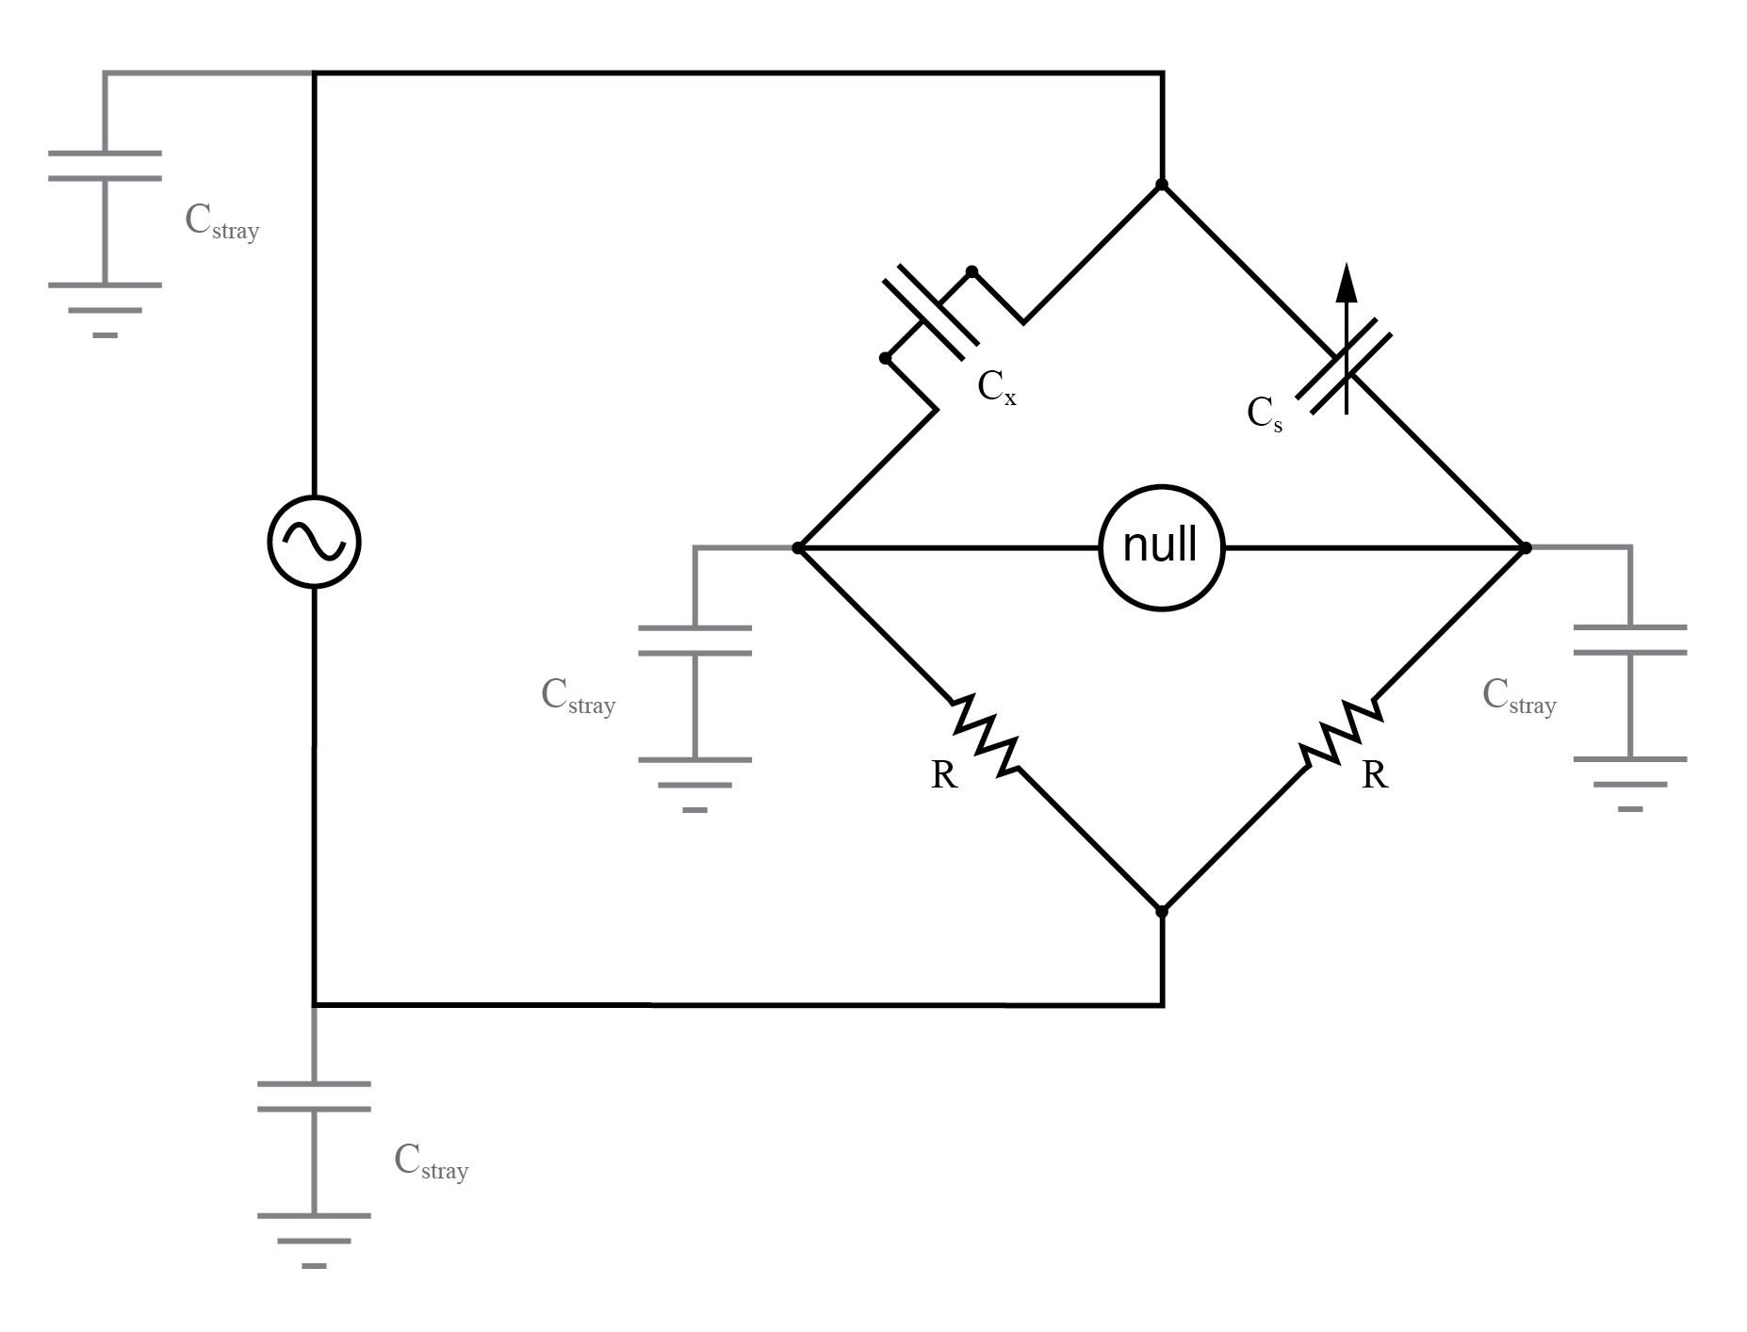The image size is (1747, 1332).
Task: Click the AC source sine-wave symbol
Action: pos(314,542)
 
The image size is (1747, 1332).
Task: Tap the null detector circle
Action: pos(1161,547)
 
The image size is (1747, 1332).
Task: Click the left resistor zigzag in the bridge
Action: pos(986,735)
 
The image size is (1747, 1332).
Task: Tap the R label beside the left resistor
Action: pos(943,775)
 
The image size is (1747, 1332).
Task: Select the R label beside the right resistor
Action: pos(1375,775)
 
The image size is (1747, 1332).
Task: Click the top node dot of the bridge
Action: pos(1162,185)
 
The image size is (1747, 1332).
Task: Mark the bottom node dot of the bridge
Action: pos(1162,911)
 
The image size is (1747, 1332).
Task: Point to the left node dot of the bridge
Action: pos(798,547)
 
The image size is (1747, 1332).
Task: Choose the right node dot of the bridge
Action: pos(1526,547)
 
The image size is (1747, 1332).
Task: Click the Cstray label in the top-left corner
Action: pos(221,222)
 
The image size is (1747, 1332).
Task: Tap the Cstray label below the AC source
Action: pos(431,1161)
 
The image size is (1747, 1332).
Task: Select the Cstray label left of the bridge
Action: pos(578,696)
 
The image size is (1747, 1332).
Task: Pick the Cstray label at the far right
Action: pos(1519,696)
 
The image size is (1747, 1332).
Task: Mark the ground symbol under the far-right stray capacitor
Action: pos(1630,784)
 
